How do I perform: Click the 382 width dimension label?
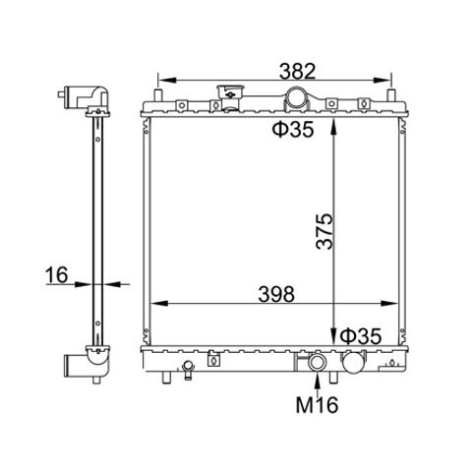click(x=297, y=71)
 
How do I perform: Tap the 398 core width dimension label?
click(x=276, y=294)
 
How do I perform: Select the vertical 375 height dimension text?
click(x=324, y=232)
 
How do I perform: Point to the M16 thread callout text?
click(x=317, y=404)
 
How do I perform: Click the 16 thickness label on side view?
click(x=57, y=274)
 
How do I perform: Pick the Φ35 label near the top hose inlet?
click(x=293, y=129)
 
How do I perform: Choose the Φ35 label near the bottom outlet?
click(x=361, y=336)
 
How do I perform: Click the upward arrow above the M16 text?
click(x=317, y=383)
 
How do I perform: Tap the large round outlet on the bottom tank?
click(x=353, y=363)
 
